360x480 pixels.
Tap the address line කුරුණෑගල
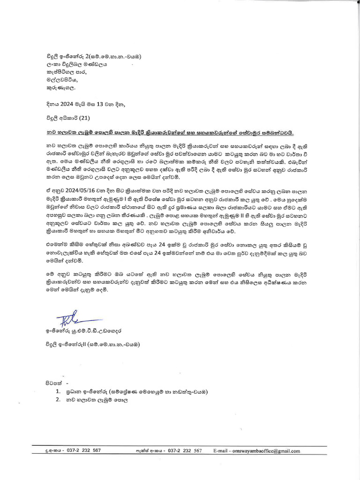(60, 88)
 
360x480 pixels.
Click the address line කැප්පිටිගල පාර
(67, 73)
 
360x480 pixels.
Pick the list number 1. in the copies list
(58, 391)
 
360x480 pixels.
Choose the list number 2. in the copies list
(58, 400)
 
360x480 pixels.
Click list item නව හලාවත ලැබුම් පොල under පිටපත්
(96, 400)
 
